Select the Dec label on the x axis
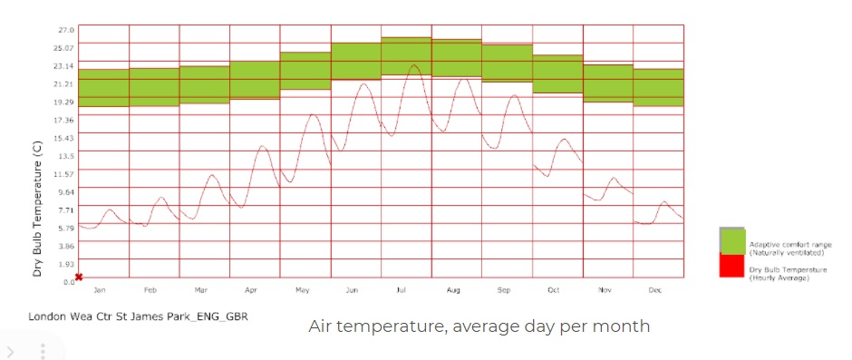654,290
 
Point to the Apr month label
251,290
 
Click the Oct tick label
553,290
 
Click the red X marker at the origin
79,277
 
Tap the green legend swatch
732,241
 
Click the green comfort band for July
406,56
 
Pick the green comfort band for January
103,88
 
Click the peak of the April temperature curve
262,146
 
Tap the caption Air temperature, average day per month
479,326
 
